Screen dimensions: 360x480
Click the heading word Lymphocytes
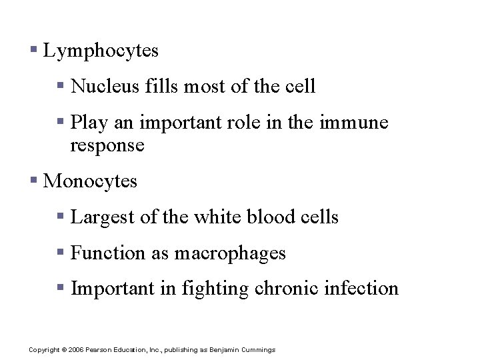pos(101,51)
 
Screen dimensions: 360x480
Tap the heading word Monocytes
pos(90,181)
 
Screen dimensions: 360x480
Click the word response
pos(107,146)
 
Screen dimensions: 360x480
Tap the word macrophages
pos(230,254)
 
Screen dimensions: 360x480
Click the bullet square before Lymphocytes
pos(34,50)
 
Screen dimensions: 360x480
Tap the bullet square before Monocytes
pos(34,180)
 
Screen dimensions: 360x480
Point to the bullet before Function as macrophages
pos(61,252)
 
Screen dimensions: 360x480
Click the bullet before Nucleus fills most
pos(61,85)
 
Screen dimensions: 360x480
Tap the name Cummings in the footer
pos(258,350)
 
